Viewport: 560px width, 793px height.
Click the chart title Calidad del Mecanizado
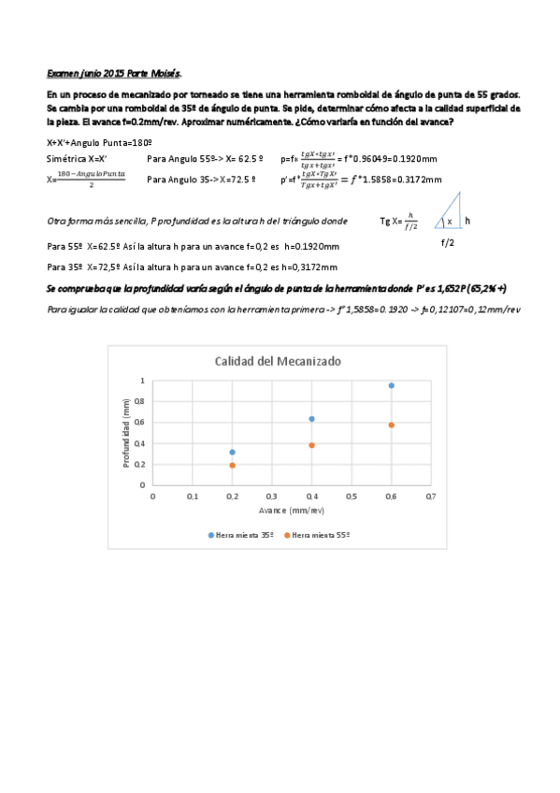tap(279, 361)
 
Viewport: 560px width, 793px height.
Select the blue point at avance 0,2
tap(232, 452)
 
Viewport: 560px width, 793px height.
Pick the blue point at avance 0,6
tap(391, 385)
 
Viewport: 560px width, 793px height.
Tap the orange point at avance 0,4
tap(311, 445)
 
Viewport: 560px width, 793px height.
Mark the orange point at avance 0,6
tap(391, 425)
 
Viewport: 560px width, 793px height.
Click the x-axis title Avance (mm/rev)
tap(291, 511)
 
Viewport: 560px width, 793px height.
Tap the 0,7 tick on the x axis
tap(430, 497)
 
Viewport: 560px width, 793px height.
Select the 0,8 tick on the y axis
tap(141, 401)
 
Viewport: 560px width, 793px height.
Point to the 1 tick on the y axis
tap(143, 381)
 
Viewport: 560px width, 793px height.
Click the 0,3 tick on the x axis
tap(272, 497)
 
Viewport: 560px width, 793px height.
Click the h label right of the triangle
tap(467, 222)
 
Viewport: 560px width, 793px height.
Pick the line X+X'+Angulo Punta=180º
tap(99, 142)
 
